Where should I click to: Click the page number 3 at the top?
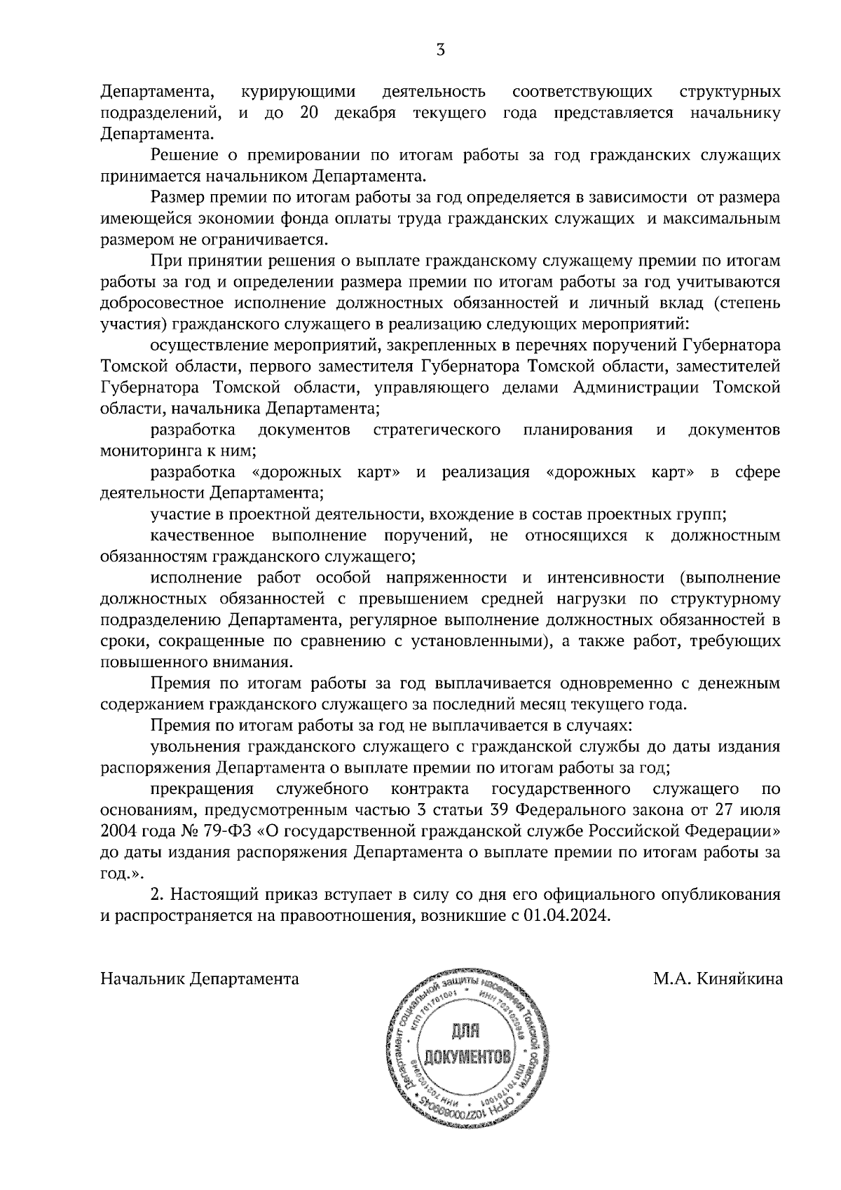[x=440, y=50]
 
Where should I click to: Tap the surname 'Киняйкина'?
[x=740, y=979]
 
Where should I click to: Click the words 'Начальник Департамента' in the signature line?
[x=200, y=979]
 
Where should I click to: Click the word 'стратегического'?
[x=437, y=430]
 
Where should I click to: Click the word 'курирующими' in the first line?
[x=298, y=92]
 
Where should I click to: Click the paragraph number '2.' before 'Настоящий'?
[x=158, y=895]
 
